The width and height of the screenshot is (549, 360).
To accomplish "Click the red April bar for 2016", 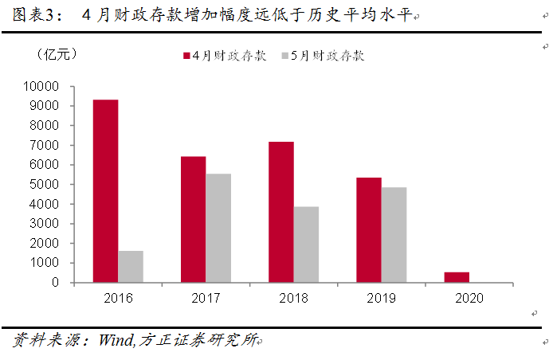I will click(x=106, y=191).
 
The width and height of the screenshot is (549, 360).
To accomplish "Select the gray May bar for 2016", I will click(x=131, y=267).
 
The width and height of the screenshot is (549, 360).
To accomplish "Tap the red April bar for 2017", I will click(x=193, y=219).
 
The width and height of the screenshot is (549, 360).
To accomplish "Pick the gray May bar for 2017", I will click(x=218, y=228).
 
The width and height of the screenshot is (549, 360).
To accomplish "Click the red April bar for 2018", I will click(x=280, y=212).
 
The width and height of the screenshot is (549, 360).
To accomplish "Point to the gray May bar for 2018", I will click(x=306, y=245).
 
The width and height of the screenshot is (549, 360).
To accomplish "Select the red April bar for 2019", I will click(x=369, y=230).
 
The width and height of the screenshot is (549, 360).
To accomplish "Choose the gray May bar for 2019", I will click(x=394, y=235).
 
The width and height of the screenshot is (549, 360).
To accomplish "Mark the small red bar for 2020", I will click(x=457, y=277).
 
